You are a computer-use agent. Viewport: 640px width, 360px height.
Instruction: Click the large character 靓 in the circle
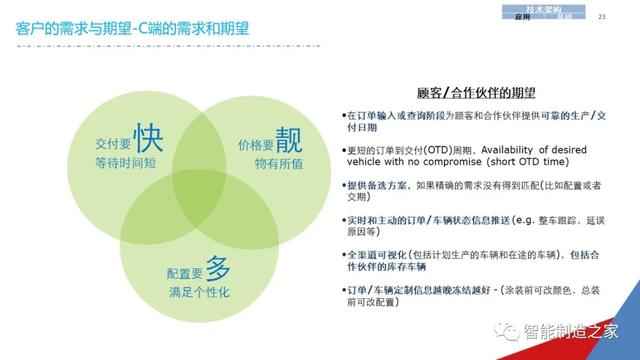(x=287, y=136)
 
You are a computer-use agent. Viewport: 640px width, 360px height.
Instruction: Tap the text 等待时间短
(x=127, y=159)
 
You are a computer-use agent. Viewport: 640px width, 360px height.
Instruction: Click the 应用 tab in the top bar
(x=521, y=18)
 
